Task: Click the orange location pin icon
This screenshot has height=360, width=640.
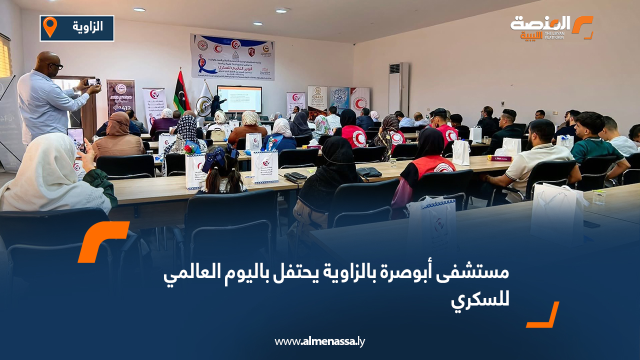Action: click(50, 27)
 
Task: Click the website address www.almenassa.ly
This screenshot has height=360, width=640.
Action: click(319, 341)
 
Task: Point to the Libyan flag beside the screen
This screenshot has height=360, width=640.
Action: click(180, 92)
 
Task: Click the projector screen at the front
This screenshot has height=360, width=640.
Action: click(239, 98)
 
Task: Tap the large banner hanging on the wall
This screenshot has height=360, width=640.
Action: click(232, 56)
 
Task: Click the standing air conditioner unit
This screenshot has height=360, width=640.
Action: click(398, 88)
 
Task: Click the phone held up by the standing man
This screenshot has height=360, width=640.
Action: click(93, 82)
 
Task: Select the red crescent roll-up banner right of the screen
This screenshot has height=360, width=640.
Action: click(359, 100)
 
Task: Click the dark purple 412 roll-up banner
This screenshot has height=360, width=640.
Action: click(121, 97)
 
